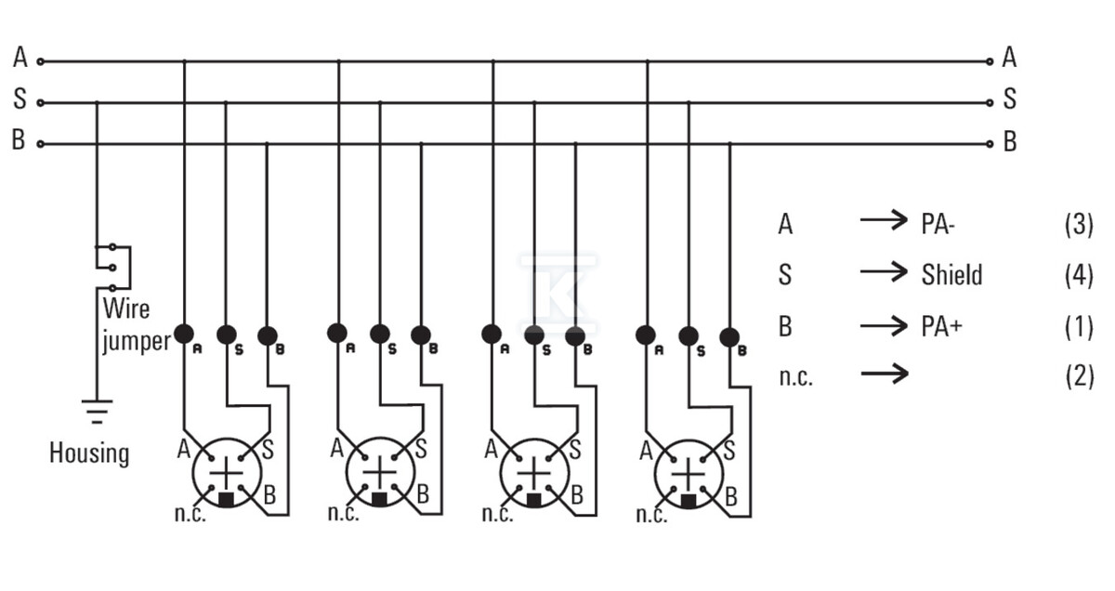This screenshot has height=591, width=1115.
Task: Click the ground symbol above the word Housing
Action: point(97,412)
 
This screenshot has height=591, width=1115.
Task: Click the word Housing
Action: point(89,453)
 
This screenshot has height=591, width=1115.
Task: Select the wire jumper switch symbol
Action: point(113,268)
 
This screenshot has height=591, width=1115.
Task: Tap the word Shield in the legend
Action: point(951,275)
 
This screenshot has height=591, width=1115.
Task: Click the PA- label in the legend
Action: point(938,224)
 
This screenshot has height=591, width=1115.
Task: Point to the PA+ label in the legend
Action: point(942,326)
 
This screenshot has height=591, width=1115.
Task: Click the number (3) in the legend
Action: point(1079,224)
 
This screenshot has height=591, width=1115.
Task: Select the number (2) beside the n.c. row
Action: point(1079,376)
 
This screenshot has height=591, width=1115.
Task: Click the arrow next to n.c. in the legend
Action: point(885,374)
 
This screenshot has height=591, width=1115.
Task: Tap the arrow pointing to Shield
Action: point(884,272)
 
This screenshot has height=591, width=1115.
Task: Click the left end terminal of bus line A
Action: point(41,61)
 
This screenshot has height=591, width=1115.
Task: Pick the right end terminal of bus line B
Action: point(990,144)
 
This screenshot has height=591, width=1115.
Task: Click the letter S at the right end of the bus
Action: point(1010,98)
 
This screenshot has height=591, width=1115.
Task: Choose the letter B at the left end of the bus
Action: point(19,140)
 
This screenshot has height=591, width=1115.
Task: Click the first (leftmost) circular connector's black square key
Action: point(227,499)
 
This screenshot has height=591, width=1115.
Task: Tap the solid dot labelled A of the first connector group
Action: point(184,335)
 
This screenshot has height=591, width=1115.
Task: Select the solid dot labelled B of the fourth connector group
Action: point(729,337)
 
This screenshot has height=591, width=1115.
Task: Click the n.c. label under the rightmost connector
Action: point(652,515)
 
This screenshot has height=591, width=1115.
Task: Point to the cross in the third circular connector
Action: point(534,473)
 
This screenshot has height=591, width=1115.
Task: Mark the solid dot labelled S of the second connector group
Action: point(380,335)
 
